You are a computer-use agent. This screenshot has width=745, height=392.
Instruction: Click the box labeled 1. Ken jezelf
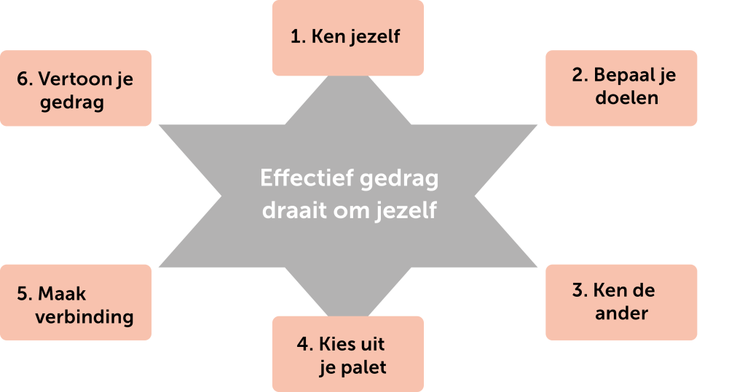(x=347, y=38)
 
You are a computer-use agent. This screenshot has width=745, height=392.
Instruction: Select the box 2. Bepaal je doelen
(x=621, y=88)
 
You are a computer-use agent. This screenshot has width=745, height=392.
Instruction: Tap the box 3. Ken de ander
(x=621, y=303)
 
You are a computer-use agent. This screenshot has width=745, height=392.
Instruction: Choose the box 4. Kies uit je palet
(x=347, y=354)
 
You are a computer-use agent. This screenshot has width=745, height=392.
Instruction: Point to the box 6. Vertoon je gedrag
(x=76, y=88)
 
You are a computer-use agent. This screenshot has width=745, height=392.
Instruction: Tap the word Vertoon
(x=74, y=79)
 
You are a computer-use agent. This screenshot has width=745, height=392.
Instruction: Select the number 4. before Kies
(x=304, y=343)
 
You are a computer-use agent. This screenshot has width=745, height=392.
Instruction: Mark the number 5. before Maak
(x=24, y=293)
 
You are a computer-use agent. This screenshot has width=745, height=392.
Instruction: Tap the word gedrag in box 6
(x=71, y=102)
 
